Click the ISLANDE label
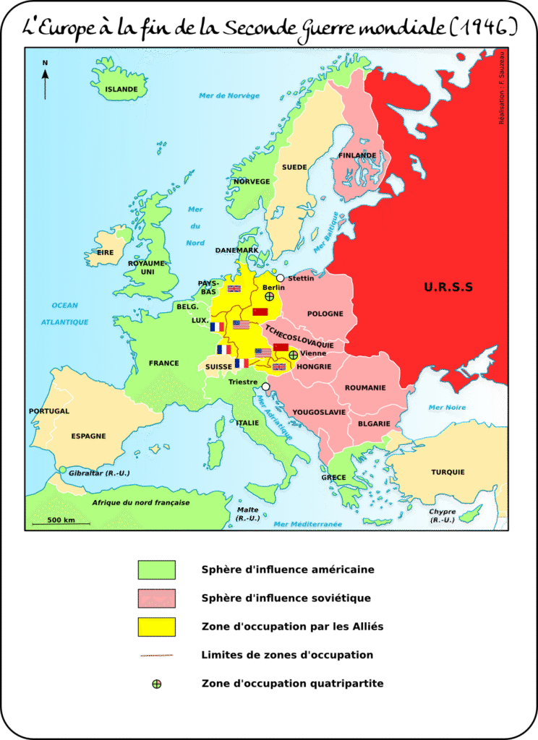(121, 90)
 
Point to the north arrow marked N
(45, 80)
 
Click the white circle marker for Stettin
(280, 277)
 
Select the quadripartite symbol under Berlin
(269, 296)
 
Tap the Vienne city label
(312, 353)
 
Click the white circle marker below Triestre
(266, 387)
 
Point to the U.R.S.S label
(448, 287)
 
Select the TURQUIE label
(448, 472)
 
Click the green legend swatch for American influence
(157, 569)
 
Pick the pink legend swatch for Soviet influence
(157, 598)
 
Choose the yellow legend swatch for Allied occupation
(157, 627)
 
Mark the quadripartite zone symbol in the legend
(157, 684)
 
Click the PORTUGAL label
(49, 411)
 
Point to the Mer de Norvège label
(229, 95)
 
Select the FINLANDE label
(357, 155)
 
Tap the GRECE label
(333, 477)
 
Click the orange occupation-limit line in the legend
(157, 656)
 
